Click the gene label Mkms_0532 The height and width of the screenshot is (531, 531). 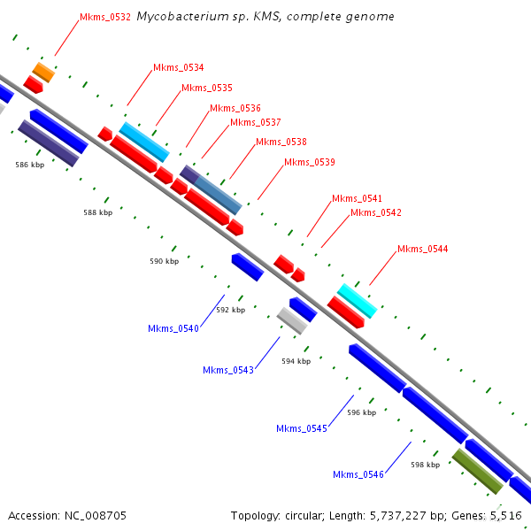[105, 17]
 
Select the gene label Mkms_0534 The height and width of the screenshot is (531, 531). [178, 67]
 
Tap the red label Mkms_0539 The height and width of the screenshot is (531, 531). [309, 162]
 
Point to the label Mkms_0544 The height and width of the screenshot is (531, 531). [422, 249]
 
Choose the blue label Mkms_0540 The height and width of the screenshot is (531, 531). [173, 328]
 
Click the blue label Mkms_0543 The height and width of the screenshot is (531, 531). [228, 370]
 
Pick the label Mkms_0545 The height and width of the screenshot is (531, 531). [302, 428]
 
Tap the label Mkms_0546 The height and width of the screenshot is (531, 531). [358, 474]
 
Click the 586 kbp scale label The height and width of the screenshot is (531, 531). [29, 165]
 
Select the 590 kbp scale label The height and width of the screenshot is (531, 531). [164, 261]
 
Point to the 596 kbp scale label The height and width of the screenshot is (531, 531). [361, 412]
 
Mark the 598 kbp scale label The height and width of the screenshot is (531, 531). [425, 464]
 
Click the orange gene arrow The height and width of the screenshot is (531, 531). [43, 72]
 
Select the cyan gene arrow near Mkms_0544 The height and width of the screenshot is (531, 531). [357, 301]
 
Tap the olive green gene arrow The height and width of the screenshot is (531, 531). [477, 471]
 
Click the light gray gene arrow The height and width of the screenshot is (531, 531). [292, 320]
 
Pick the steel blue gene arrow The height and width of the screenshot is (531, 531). [217, 194]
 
